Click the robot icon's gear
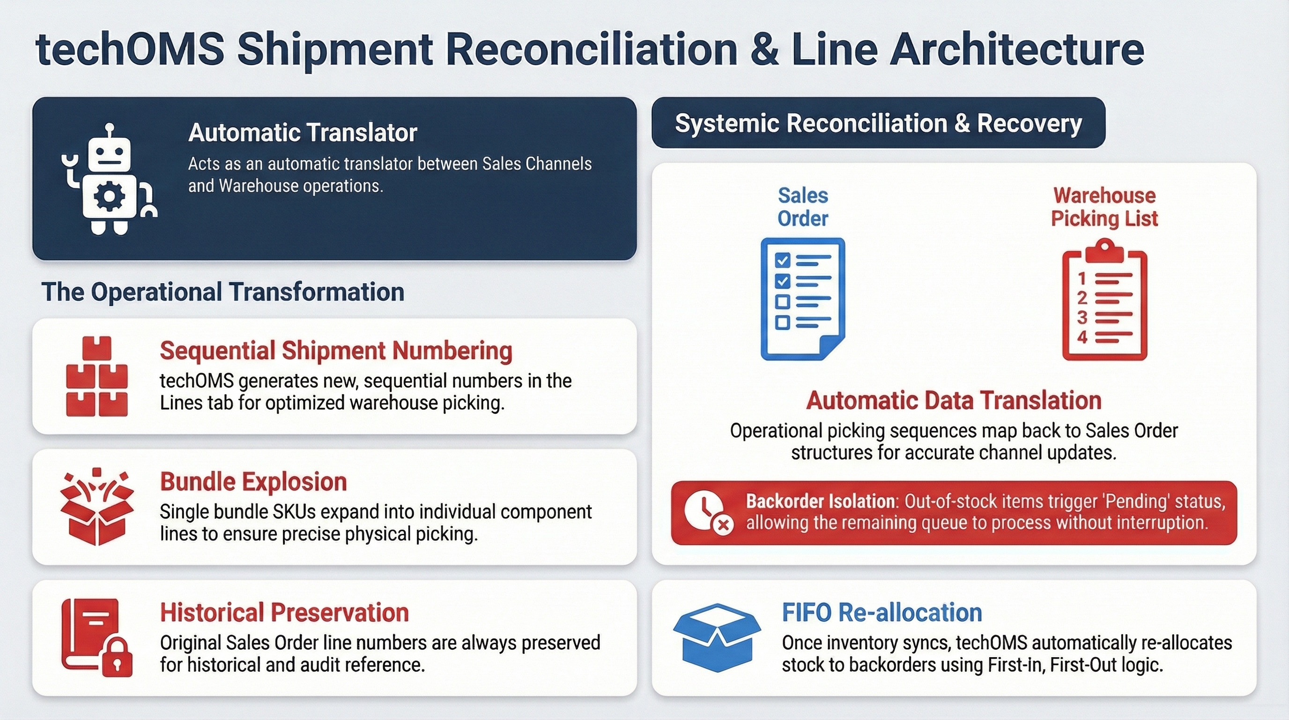[109, 196]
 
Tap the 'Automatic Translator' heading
[303, 133]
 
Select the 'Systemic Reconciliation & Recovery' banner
[878, 123]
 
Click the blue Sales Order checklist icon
[803, 299]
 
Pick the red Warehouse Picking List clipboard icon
[1104, 300]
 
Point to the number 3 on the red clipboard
[1082, 317]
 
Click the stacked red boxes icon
[96, 376]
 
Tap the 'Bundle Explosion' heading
[253, 482]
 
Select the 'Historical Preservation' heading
[284, 612]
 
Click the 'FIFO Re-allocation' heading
[882, 612]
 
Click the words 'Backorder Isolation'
[820, 501]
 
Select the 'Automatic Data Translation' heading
[954, 401]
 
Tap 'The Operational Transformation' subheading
[222, 292]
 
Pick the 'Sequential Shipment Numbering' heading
[336, 351]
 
